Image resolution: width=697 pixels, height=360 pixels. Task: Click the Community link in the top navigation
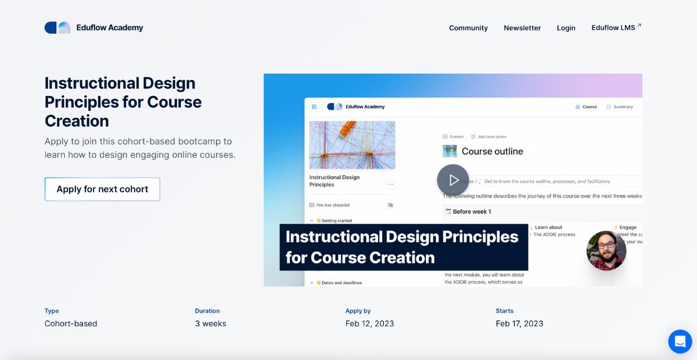pos(468,28)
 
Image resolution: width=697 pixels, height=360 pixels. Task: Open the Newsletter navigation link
pos(522,28)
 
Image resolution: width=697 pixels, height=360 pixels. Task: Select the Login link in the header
pos(566,28)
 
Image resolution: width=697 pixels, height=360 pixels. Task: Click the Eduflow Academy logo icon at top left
pos(58,27)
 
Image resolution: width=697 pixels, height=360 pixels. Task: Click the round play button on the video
pos(452,180)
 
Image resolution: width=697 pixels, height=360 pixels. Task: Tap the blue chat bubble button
pos(680,341)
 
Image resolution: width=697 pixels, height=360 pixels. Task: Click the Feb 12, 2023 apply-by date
pos(369,323)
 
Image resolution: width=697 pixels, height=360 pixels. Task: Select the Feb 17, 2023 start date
pos(519,323)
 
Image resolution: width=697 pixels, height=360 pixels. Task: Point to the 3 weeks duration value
pos(210,323)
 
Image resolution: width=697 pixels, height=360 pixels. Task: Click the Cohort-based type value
pos(71,323)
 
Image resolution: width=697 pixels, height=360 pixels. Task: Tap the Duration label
pos(207,311)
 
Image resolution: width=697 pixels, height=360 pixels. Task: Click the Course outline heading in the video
pos(492,152)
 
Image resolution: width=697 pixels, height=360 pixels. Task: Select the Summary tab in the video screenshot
pos(620,107)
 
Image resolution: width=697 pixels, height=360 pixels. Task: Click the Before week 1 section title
pos(472,211)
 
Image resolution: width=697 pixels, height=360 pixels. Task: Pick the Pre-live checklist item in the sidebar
pos(333,205)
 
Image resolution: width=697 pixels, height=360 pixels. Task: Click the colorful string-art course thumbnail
pos(352,145)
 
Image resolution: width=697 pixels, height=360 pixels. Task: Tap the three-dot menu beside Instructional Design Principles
pos(390,185)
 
